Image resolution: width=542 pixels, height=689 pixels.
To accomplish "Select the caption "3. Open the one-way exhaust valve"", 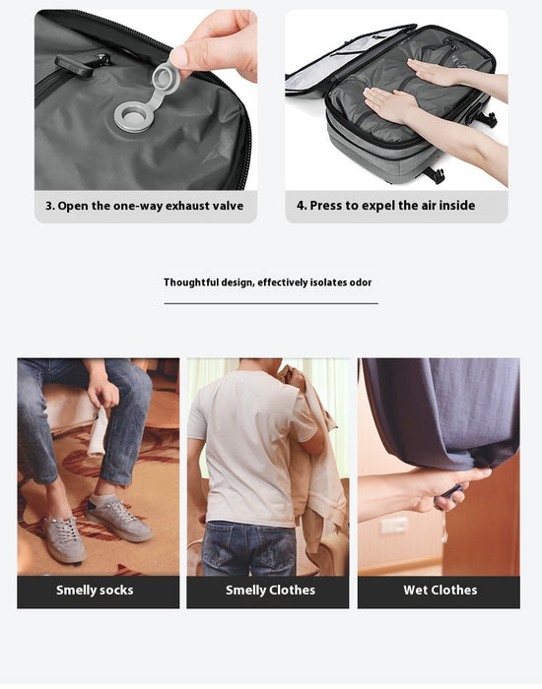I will (x=145, y=206).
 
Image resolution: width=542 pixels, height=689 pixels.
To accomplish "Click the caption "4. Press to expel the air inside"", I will (x=385, y=206).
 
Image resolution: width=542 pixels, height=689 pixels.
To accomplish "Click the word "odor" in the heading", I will (x=360, y=282).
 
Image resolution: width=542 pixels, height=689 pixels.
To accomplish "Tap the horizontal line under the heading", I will (x=271, y=303).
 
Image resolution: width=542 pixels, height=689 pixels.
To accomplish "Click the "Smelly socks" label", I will (x=95, y=591).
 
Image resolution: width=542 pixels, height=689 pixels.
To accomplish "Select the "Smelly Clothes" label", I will (x=270, y=591).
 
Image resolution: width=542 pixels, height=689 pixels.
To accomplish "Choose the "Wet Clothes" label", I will (x=440, y=591).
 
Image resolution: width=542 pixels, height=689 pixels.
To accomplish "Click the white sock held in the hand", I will (x=98, y=434).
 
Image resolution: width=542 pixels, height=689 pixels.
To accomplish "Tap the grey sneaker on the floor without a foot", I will (x=64, y=539).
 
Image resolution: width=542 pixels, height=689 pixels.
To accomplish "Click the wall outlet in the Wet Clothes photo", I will (x=394, y=525).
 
